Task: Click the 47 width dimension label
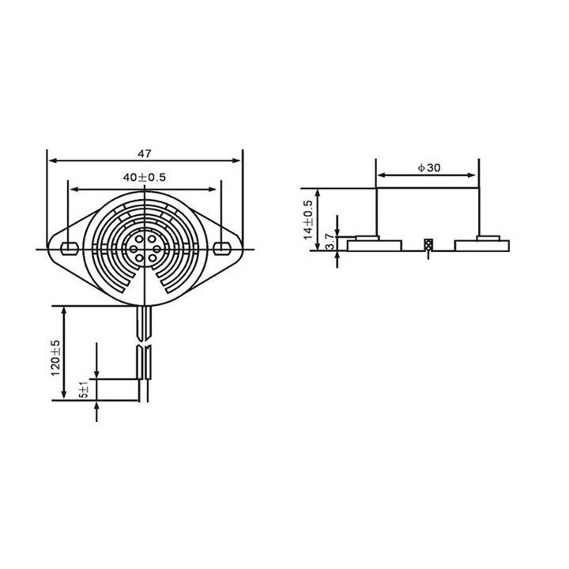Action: click(x=144, y=153)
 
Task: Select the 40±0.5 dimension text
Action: click(x=144, y=177)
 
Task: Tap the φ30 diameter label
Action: click(x=429, y=168)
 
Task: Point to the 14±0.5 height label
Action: click(x=308, y=220)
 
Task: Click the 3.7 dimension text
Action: click(x=330, y=242)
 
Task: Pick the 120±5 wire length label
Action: click(x=55, y=358)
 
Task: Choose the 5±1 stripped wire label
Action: click(x=85, y=390)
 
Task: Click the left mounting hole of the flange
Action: click(x=70, y=248)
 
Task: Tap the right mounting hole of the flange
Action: click(x=221, y=248)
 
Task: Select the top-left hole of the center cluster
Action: click(x=139, y=239)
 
